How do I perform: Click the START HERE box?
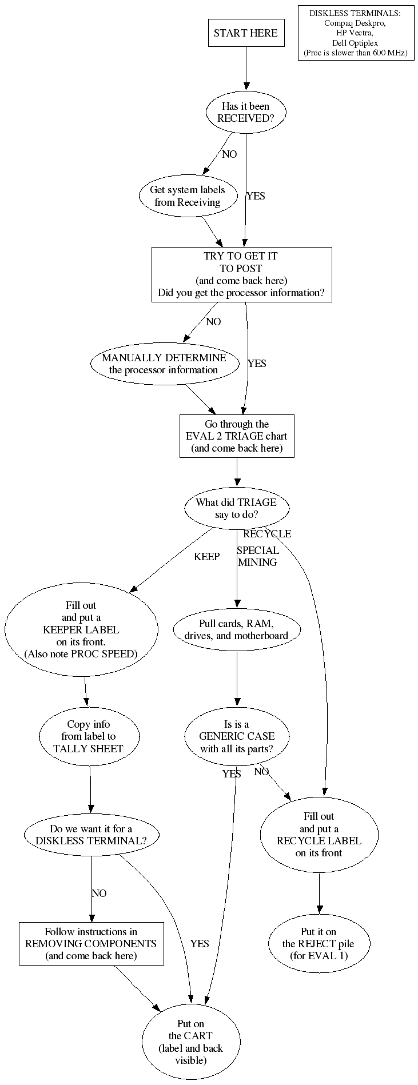tap(245, 33)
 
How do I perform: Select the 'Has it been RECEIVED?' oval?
tap(245, 112)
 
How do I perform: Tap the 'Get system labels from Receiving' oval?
tap(188, 196)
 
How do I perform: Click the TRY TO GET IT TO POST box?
tap(241, 274)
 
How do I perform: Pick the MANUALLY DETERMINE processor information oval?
tap(164, 364)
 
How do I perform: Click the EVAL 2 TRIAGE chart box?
tap(237, 436)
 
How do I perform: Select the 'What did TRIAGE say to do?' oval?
tap(236, 508)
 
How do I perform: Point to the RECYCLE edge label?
tap(267, 534)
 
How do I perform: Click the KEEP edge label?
tap(206, 557)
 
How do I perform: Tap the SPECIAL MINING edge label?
tap(258, 556)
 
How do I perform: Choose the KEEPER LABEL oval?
tap(81, 629)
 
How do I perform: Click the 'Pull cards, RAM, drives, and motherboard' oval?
tap(237, 629)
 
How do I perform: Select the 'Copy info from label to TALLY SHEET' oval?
tap(89, 737)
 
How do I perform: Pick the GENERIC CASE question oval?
tap(237, 737)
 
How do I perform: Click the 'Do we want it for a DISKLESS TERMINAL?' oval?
tap(91, 835)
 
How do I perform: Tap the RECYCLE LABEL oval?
tap(319, 835)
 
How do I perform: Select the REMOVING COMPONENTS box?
tap(91, 944)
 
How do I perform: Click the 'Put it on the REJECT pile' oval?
tap(319, 944)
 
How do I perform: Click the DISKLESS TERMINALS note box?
tap(355, 33)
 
